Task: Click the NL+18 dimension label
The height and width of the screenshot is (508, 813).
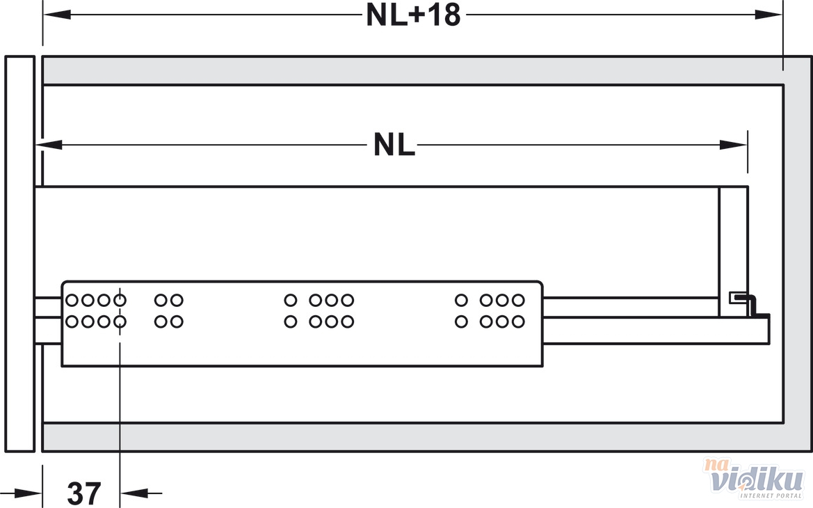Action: click(x=413, y=15)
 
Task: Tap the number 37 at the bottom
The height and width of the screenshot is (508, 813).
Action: click(x=84, y=493)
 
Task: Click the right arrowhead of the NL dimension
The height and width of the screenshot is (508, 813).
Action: click(x=734, y=145)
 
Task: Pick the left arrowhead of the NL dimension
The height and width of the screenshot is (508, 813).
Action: click(x=49, y=145)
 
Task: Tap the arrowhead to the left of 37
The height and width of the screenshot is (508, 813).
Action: click(x=29, y=493)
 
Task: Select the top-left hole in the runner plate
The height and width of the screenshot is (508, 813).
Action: click(x=72, y=301)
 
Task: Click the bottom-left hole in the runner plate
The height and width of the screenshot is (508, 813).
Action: click(x=72, y=322)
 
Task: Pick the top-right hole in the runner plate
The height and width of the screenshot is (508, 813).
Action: click(x=518, y=301)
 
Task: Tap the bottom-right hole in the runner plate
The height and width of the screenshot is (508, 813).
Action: click(x=518, y=322)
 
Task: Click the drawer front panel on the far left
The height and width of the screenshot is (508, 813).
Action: click(x=20, y=253)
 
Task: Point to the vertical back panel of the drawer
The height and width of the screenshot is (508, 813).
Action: click(x=732, y=251)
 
